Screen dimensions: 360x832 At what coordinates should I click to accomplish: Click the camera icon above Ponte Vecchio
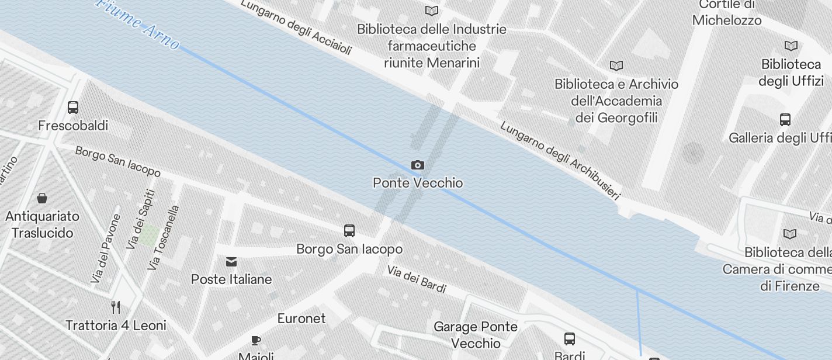417,165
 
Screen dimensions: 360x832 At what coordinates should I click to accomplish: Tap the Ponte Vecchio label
418,183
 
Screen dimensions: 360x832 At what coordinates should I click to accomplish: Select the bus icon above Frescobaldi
73,108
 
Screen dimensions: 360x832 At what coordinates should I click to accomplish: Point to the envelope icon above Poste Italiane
231,261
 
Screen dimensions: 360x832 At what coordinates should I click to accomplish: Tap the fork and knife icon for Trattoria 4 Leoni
116,307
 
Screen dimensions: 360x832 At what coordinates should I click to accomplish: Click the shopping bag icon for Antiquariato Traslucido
42,198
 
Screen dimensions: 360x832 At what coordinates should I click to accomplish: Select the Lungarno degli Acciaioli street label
296,27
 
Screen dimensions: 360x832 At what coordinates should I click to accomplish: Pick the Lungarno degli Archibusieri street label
560,161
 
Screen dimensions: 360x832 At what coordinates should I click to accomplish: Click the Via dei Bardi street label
417,279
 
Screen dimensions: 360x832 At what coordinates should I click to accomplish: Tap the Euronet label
301,319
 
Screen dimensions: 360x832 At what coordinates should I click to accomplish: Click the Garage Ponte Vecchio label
476,335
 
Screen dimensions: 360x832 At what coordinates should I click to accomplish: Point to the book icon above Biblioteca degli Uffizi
791,46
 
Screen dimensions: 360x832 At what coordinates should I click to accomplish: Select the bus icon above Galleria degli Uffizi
785,120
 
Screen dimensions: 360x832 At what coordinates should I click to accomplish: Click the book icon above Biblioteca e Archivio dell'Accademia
616,65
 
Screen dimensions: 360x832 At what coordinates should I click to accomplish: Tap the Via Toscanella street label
164,238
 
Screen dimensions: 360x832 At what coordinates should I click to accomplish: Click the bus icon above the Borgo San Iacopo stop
349,231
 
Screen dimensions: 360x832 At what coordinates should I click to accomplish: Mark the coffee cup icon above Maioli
255,340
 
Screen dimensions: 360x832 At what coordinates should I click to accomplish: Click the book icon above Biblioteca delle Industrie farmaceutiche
432,11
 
